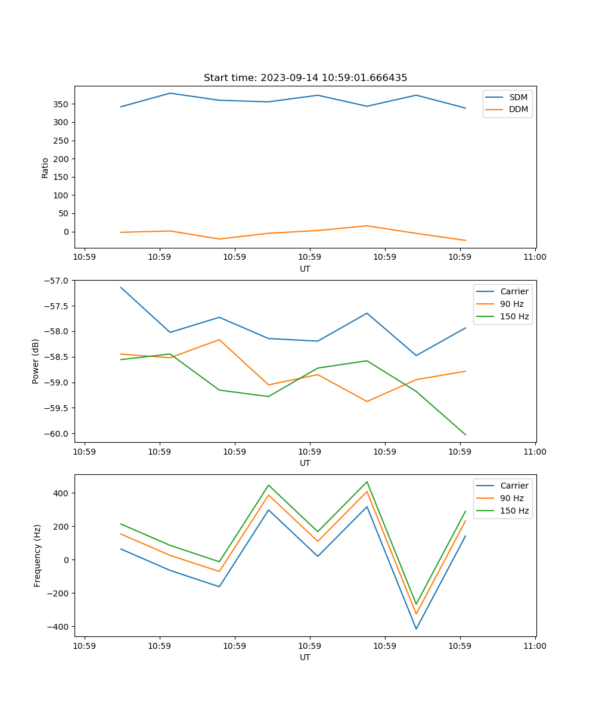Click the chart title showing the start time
click(305, 78)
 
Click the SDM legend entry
click(518, 97)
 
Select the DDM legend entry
click(519, 110)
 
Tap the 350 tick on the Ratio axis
click(61, 104)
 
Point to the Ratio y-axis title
click(45, 167)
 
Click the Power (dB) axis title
click(36, 361)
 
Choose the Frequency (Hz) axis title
click(37, 555)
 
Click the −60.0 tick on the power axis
click(57, 434)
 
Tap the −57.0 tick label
click(57, 281)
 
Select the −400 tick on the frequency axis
click(58, 627)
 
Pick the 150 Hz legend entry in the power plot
click(514, 316)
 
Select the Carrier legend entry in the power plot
click(514, 291)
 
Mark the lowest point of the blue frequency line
click(416, 629)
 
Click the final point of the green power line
click(465, 435)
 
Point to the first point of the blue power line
click(121, 287)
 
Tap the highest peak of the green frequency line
click(367, 482)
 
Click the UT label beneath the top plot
click(305, 269)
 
